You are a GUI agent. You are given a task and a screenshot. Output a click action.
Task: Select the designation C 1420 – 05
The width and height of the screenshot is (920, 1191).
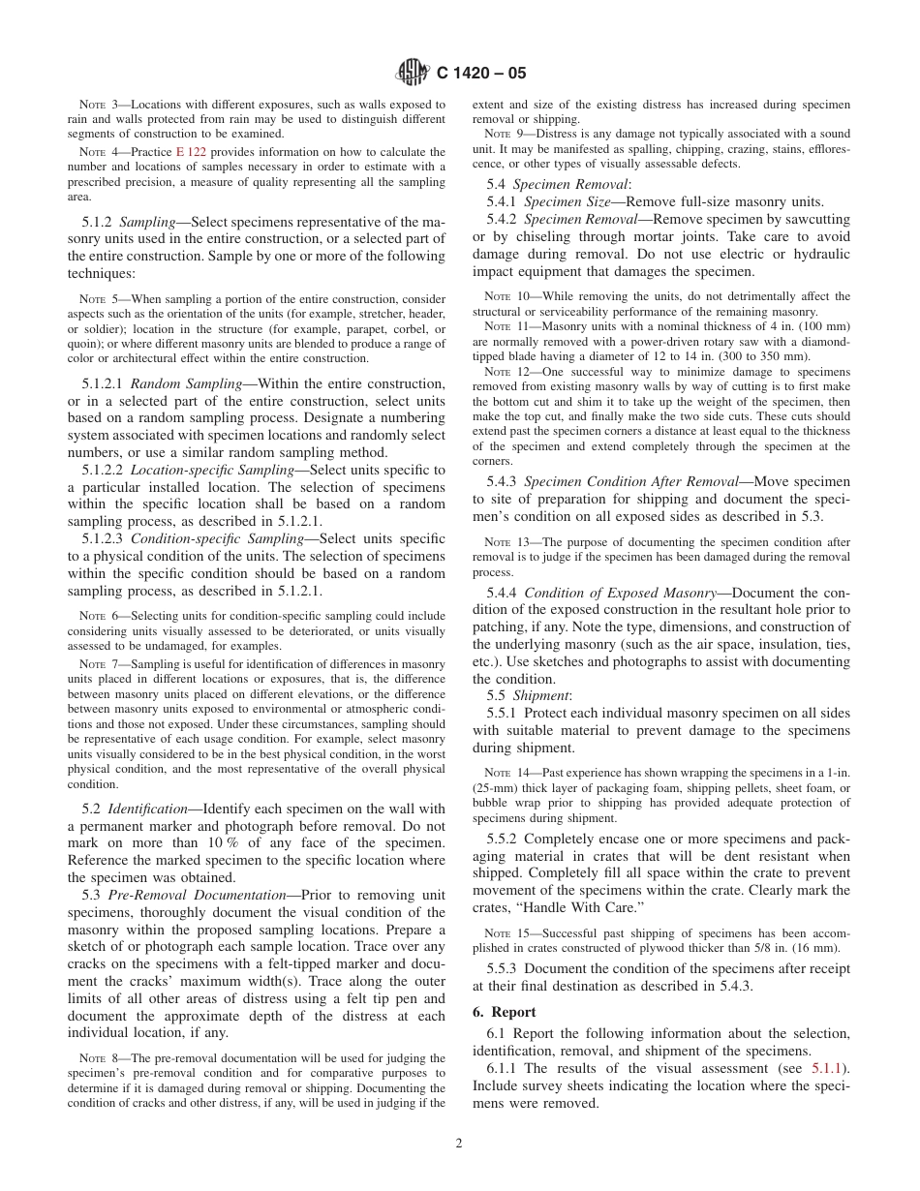pos(481,74)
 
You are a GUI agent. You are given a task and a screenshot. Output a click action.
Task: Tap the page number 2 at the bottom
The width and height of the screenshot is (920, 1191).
pos(459,1143)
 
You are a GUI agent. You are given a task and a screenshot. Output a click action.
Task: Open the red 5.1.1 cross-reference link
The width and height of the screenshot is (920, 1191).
pos(827,1068)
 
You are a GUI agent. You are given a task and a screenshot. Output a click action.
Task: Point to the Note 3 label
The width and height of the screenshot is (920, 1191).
pos(97,105)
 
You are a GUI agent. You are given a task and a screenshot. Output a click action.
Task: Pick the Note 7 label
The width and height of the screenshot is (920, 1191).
pos(97,663)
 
